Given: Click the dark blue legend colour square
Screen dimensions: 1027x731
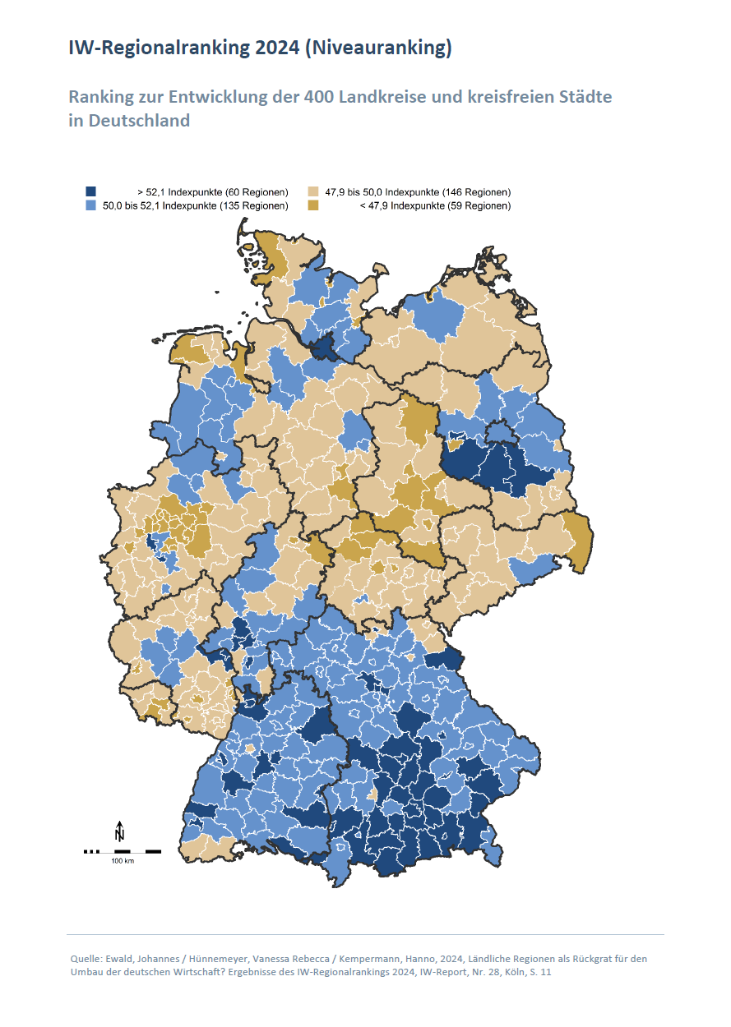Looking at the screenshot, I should click(90, 191).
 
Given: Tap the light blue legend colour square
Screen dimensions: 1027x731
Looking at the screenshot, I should click(90, 205).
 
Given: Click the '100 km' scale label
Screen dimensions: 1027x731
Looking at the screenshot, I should click(123, 860).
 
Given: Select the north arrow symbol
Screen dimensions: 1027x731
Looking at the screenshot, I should click(120, 831).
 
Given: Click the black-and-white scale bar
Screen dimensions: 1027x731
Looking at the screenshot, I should click(123, 850).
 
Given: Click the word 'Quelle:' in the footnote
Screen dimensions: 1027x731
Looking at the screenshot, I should click(86, 959).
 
